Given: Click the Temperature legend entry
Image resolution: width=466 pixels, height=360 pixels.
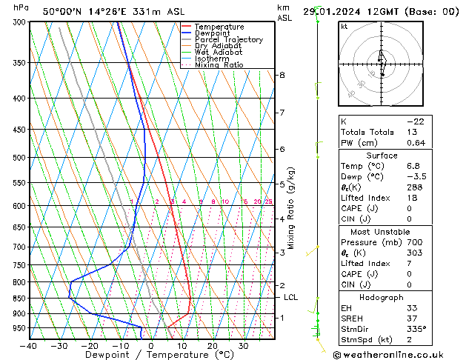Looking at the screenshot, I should [219, 27].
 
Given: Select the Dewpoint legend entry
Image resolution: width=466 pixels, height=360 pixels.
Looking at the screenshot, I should [214, 33].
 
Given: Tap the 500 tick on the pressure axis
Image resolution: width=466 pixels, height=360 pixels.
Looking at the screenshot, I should [19, 158].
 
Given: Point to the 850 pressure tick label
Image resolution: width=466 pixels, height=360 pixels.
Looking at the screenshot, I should [19, 299].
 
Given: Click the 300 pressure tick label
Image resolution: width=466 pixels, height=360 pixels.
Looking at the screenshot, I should [19, 22].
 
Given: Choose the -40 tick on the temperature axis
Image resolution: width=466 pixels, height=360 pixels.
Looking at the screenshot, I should [29, 345].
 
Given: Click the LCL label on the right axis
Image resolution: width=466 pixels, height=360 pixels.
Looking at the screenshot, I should [291, 297].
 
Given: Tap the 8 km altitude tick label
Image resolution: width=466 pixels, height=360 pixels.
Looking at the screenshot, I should [282, 75].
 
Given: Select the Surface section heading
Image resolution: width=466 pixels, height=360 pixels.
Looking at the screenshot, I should [382, 156].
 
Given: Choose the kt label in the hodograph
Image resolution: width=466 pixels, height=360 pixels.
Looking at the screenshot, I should [344, 26].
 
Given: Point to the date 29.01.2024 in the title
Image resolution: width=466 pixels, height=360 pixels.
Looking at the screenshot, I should [344, 11].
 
